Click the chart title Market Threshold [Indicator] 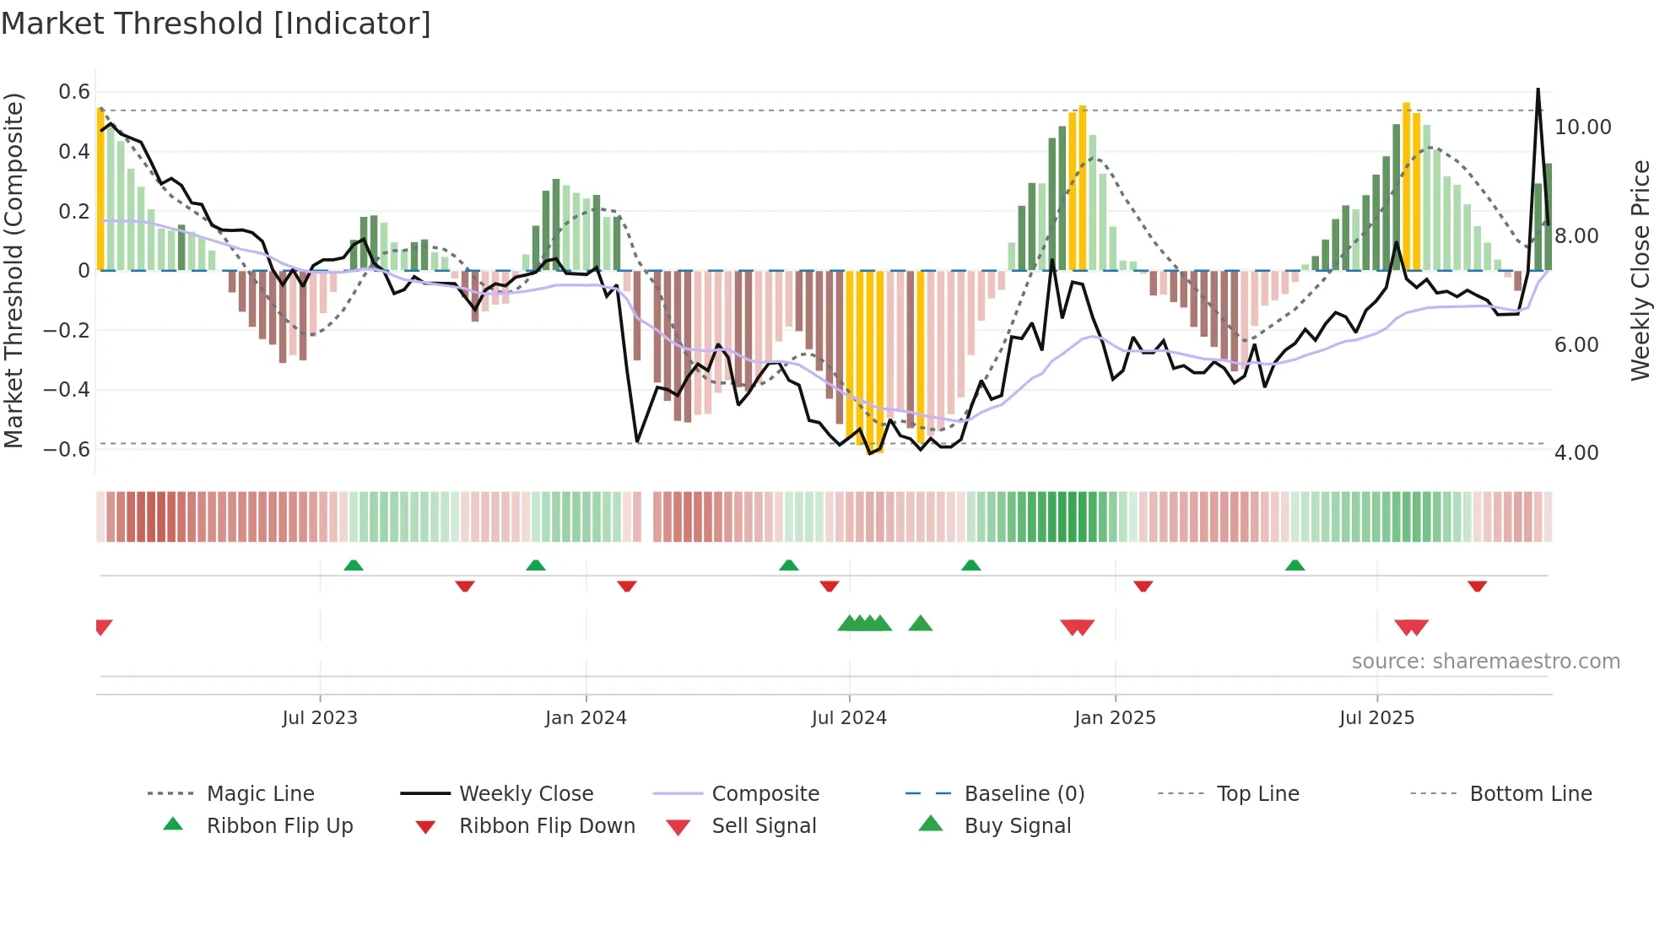pyautogui.click(x=216, y=24)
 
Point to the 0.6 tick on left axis pyautogui.click(x=73, y=92)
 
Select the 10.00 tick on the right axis pyautogui.click(x=1582, y=127)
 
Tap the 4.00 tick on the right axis pyautogui.click(x=1576, y=453)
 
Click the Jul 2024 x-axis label pyautogui.click(x=849, y=718)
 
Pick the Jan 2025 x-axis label pyautogui.click(x=1115, y=718)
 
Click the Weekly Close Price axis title pyautogui.click(x=1640, y=270)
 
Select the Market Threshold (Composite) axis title pyautogui.click(x=14, y=270)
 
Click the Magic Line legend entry pyautogui.click(x=260, y=794)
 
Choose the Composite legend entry pyautogui.click(x=765, y=794)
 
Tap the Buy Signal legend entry pyautogui.click(x=1017, y=826)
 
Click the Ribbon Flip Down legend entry pyautogui.click(x=546, y=826)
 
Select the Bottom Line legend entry pyautogui.click(x=1530, y=794)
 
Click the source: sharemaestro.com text pyautogui.click(x=1485, y=662)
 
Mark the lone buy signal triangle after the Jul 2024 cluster pyautogui.click(x=920, y=624)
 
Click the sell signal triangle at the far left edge pyautogui.click(x=103, y=627)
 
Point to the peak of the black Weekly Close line pyautogui.click(x=1538, y=89)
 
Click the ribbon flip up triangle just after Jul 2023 pyautogui.click(x=354, y=565)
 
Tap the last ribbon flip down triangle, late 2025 pyautogui.click(x=1477, y=586)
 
